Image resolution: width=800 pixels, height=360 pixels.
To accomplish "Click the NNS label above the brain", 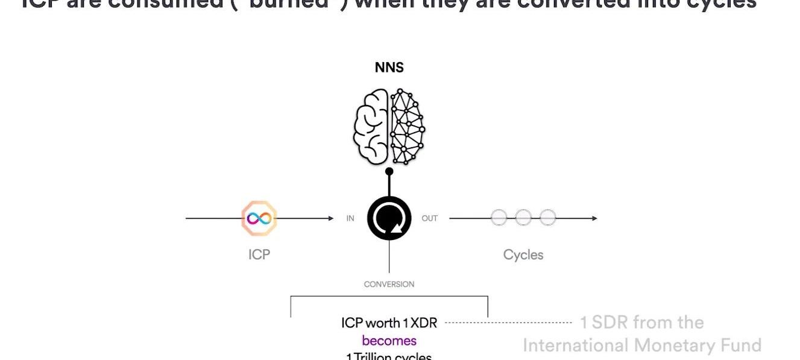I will click(x=389, y=68).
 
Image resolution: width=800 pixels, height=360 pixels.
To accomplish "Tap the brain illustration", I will click(x=389, y=127).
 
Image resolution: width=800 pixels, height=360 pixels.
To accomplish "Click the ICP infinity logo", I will click(x=259, y=218).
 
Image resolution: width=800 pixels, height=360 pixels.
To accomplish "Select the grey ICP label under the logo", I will click(x=259, y=254).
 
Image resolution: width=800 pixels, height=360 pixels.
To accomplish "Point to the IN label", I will click(x=350, y=218).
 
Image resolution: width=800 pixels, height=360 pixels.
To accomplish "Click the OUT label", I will click(x=429, y=218).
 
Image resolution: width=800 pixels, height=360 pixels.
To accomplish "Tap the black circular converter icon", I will click(x=389, y=218).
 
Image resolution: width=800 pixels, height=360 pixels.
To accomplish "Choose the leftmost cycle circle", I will click(x=499, y=218).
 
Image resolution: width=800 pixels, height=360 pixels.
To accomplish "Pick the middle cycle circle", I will click(x=523, y=218).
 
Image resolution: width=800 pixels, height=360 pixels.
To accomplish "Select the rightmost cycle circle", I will click(x=547, y=218).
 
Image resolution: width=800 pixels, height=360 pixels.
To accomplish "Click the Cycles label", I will click(x=523, y=255).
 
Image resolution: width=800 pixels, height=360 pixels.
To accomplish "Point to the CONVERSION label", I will click(x=389, y=284).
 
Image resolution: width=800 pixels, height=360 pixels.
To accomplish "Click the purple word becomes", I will click(x=389, y=341).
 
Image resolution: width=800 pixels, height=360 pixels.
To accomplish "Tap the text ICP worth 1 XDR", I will click(x=389, y=323).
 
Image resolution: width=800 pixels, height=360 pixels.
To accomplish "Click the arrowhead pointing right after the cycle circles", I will click(x=594, y=218).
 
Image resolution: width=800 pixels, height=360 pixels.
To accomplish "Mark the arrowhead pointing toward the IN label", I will click(x=330, y=218).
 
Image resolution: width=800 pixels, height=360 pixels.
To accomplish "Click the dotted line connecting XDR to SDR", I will click(x=508, y=323).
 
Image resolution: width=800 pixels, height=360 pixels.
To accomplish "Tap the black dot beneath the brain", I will click(x=389, y=172).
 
